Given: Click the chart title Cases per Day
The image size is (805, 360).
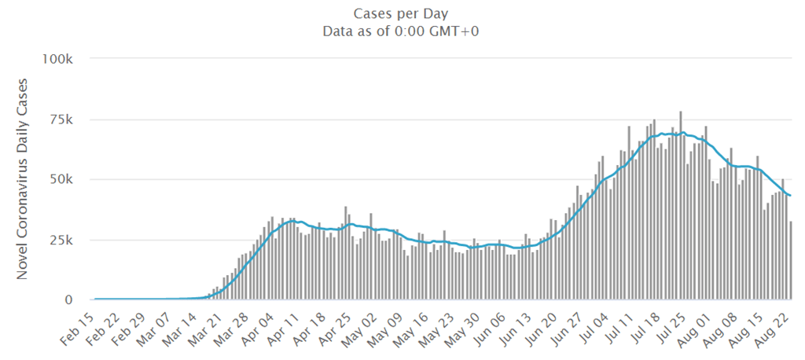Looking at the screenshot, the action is click(400, 13).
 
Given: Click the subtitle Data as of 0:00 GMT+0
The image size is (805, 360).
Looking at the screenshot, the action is click(400, 31).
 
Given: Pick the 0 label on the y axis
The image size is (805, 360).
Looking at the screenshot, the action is click(73, 300).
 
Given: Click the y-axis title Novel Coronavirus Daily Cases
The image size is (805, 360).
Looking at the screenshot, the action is click(22, 179).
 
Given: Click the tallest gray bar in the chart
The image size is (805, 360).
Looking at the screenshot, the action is click(681, 205).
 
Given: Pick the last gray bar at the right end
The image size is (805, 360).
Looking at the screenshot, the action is click(791, 260).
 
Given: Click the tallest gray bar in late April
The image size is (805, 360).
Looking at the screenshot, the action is click(346, 253).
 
